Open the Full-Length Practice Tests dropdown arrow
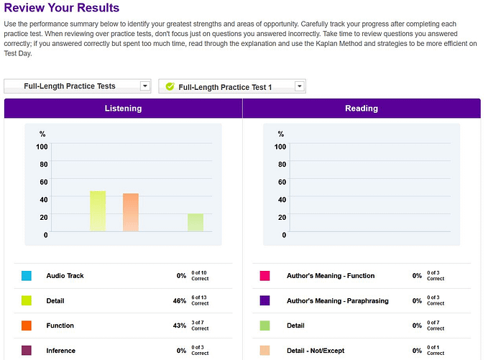145,86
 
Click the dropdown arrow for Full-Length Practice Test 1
299,87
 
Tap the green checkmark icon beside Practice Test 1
170,87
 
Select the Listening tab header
123,109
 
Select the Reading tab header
361,109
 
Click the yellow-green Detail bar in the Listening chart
98,211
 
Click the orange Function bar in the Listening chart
130,212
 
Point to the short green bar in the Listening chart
196,223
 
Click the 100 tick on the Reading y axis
280,147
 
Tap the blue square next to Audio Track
27,276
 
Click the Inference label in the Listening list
61,351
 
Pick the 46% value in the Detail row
179,301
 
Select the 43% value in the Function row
179,326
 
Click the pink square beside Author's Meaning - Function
265,276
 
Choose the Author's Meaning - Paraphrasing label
337,301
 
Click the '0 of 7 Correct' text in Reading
436,326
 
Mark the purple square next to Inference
27,351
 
